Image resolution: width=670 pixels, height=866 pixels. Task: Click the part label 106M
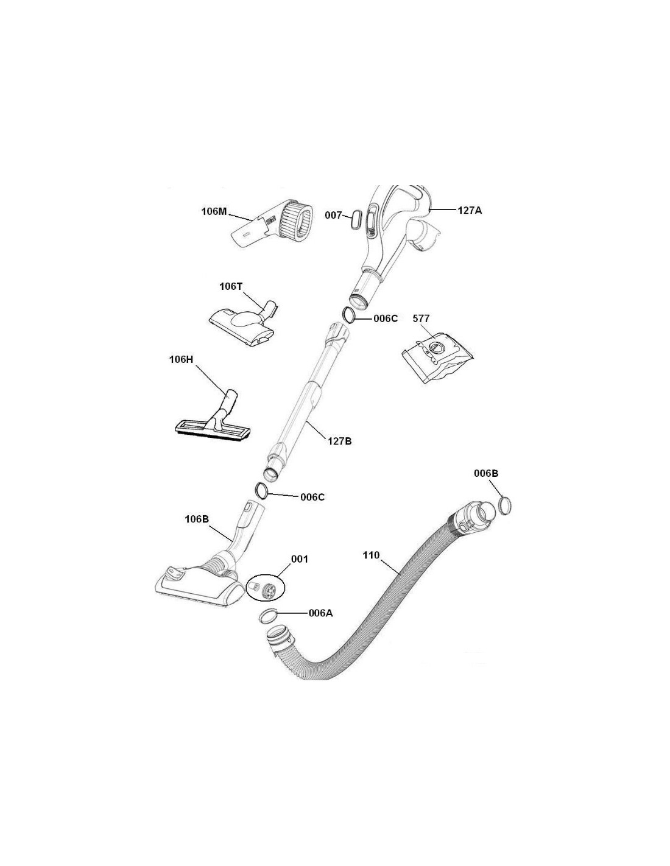[x=214, y=211]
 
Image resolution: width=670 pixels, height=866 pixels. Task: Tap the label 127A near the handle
[x=470, y=211]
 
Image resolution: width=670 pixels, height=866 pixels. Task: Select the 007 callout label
[x=333, y=216]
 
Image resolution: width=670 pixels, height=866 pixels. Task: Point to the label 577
[x=421, y=319]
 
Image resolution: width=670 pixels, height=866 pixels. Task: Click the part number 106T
[x=231, y=286]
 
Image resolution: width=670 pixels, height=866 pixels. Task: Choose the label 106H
[x=181, y=359]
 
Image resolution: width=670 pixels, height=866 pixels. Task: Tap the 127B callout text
[x=340, y=441]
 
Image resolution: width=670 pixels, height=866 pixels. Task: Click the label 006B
[x=486, y=473]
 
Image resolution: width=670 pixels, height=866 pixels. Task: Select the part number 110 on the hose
[x=371, y=555]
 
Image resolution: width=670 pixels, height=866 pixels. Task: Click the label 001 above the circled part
[x=299, y=559]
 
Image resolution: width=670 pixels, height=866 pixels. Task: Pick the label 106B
[x=197, y=519]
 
